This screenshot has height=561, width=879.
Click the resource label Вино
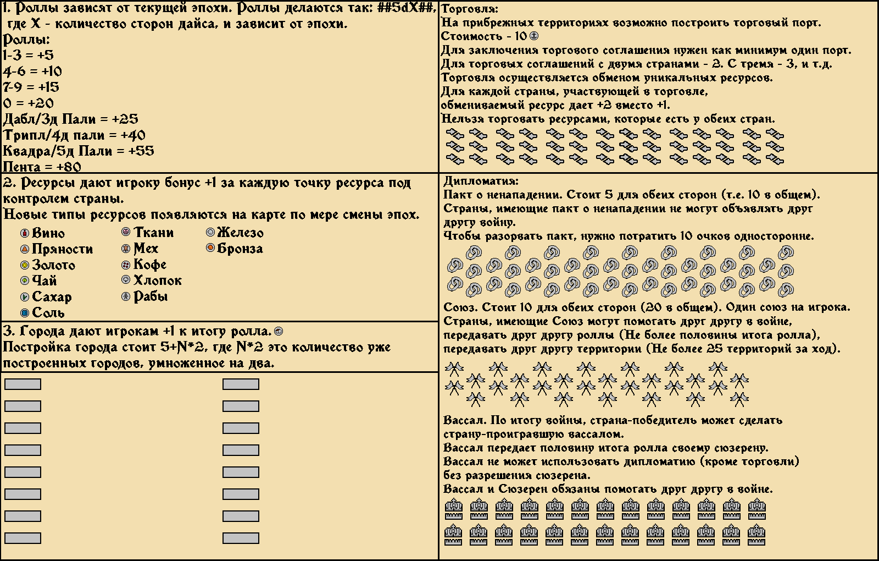48,233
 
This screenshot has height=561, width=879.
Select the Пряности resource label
62,249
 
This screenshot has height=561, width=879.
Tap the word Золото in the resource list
53,265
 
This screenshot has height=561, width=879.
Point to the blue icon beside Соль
24,313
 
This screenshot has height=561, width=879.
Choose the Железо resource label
240,233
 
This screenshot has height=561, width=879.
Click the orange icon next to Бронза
210,248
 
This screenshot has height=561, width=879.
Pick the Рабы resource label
151,296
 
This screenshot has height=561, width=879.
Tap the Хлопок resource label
157,280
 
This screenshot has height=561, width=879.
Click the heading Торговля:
470,9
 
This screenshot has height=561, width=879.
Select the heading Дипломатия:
481,181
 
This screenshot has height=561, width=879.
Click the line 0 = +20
29,103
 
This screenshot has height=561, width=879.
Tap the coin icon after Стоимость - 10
533,36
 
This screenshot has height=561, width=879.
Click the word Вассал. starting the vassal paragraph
465,420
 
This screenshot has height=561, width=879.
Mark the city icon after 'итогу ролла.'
279,331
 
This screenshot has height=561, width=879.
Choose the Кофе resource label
149,265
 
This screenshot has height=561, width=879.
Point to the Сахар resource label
52,297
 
